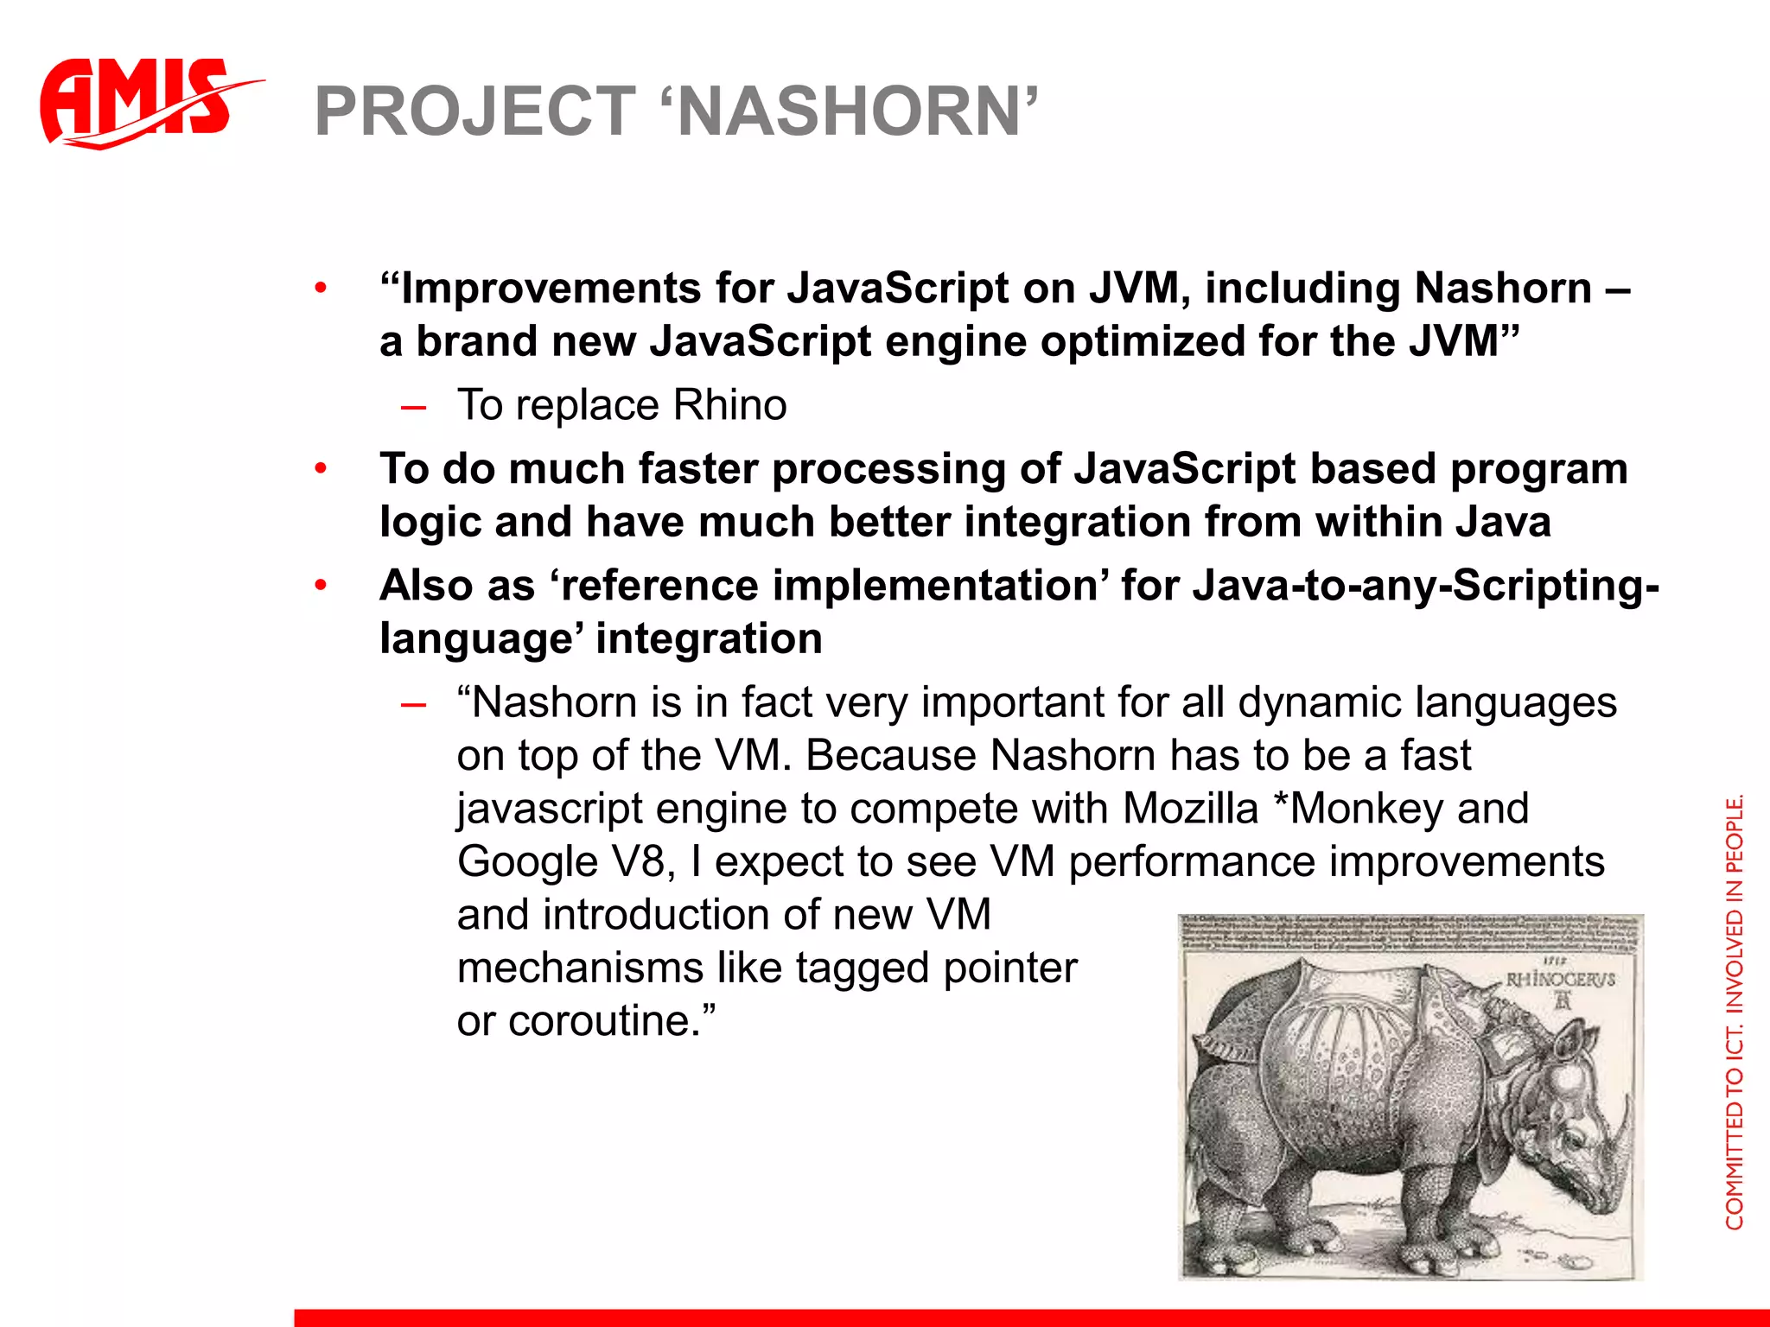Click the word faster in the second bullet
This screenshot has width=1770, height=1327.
[x=698, y=469]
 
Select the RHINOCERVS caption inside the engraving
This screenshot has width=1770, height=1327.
[x=1560, y=980]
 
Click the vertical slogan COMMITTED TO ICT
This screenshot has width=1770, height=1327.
[x=1735, y=1011]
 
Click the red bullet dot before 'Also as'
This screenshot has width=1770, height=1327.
[x=321, y=587]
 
